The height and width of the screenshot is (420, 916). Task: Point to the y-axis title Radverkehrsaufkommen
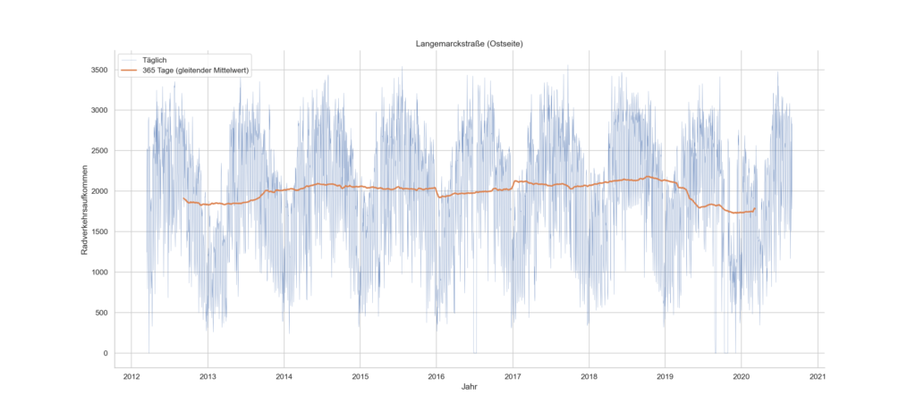pyautogui.click(x=85, y=211)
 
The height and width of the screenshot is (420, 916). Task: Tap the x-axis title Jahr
pyautogui.click(x=469, y=387)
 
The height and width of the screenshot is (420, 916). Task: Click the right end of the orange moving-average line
pyautogui.click(x=755, y=208)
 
